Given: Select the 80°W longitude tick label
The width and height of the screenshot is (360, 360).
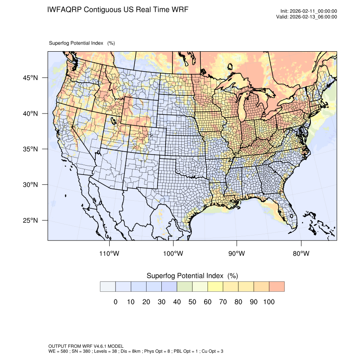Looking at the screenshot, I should [301, 254].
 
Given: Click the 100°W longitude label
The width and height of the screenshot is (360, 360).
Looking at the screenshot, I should [173, 254].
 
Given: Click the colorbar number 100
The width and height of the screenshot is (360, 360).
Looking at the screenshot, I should [269, 302].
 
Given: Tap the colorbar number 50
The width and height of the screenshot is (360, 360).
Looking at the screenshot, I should [192, 302].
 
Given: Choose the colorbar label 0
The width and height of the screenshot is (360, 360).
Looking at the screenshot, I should [115, 302].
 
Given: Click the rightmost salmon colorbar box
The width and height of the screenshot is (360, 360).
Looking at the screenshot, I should [277, 287].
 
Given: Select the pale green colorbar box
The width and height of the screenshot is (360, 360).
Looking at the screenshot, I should [185, 287].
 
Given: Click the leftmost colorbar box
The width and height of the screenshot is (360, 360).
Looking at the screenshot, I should [108, 287].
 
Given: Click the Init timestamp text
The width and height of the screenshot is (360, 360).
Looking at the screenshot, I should [309, 11].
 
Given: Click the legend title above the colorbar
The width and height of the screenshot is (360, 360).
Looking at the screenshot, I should [192, 276].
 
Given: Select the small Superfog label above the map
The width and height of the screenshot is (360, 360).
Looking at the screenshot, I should [76, 43].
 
